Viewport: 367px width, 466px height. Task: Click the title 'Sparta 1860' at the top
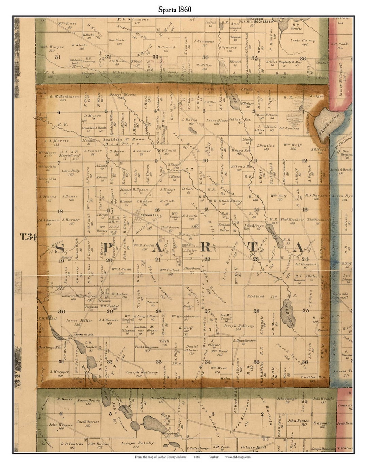pyautogui.click(x=174, y=10)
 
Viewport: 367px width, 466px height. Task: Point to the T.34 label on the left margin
pyautogui.click(x=28, y=237)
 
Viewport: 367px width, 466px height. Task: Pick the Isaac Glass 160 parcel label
pyautogui.click(x=217, y=122)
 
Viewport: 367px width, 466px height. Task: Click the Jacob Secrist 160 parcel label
pyautogui.click(x=88, y=423)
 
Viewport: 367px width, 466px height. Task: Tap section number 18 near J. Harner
pyautogui.click(x=60, y=211)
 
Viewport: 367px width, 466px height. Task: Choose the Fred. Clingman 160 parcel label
pyautogui.click(x=146, y=348)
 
